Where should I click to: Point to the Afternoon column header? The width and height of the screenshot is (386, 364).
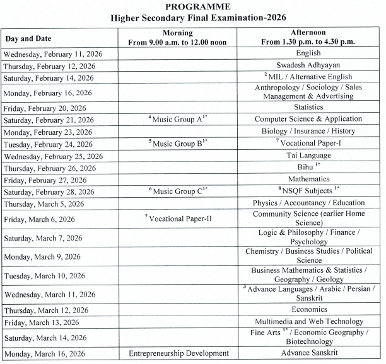click(x=308, y=38)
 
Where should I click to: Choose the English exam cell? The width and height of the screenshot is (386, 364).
click(x=308, y=54)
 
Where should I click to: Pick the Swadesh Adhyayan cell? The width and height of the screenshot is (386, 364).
click(x=308, y=65)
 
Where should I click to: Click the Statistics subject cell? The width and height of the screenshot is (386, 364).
click(x=308, y=107)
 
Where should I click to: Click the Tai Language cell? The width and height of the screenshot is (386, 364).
click(x=308, y=155)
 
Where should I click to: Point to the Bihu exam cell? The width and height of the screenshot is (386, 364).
click(x=308, y=167)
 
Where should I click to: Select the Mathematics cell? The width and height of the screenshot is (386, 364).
click(x=308, y=179)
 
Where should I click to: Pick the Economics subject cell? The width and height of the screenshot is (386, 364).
click(x=308, y=309)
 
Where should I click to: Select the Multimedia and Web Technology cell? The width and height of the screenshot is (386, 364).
click(x=308, y=321)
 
